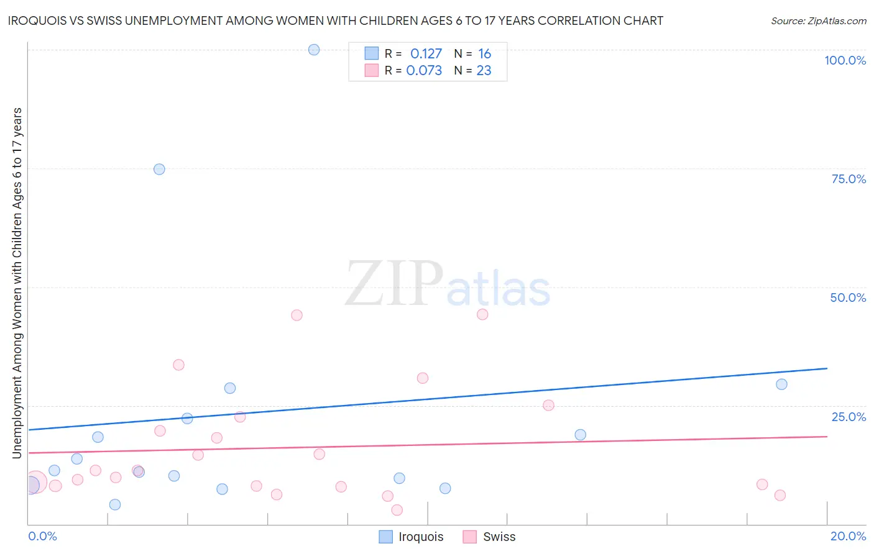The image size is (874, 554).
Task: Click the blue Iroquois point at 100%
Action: pos(314,50)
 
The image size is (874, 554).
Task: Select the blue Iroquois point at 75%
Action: pos(159,169)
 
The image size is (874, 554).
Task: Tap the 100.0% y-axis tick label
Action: pos(845,60)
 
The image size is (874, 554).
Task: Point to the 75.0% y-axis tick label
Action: pos(849,179)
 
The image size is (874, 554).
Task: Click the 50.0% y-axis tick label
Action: pos(848,297)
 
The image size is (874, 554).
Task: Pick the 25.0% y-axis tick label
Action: pos(849,416)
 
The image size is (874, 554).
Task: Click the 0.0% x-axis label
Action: pos(43,536)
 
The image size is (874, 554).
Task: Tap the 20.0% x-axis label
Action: pos(848,536)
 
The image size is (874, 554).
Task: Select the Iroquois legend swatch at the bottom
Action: pos(386,537)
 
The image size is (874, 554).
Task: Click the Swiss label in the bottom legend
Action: pos(499,537)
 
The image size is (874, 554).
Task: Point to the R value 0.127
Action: pos(426,54)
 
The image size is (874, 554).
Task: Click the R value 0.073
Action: pos(424,71)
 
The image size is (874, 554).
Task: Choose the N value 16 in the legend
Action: pos(484,54)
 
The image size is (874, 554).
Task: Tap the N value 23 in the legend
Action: pos(484,71)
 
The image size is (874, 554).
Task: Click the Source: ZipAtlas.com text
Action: pos(818,21)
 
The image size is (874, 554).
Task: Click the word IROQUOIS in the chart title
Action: pos(39,20)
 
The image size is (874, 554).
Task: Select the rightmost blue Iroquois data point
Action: pos(781,384)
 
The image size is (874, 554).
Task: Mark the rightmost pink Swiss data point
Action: pos(780,495)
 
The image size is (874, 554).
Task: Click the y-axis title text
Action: pos(17,283)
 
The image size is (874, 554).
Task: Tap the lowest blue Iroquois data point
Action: pos(115,504)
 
